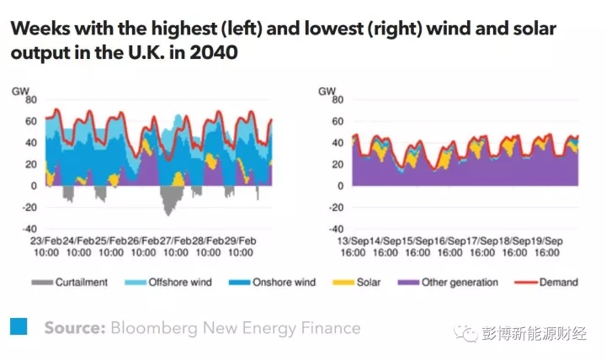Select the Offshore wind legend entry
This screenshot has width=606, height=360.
(x=173, y=283)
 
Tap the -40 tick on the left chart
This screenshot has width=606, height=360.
(x=29, y=229)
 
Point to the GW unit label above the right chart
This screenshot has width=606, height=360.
(x=327, y=88)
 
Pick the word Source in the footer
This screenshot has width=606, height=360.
(x=75, y=327)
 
